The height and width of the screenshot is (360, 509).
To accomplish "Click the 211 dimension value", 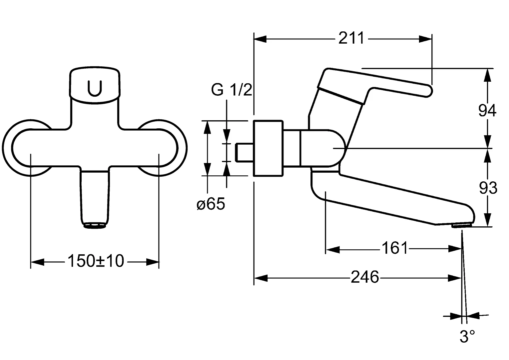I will tap(351, 39).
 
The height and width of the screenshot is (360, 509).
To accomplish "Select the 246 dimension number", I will tap(365, 277).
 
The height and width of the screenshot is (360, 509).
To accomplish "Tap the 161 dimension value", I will tap(394, 249).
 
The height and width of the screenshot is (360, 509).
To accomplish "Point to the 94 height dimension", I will tap(487, 111).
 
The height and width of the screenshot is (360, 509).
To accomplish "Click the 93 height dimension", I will tap(488, 189).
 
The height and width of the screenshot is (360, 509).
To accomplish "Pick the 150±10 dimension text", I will tap(96, 261).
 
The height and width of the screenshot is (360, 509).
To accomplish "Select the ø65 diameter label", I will tap(211, 204).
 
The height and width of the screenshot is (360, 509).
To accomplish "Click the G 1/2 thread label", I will tap(232, 90).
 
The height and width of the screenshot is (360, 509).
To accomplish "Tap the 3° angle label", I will tap(467, 337).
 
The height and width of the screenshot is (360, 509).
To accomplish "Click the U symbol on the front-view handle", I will tap(95, 88).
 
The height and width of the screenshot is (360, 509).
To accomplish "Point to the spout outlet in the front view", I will tap(95, 226).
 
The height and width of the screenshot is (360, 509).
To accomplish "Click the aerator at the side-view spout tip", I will tap(461, 226).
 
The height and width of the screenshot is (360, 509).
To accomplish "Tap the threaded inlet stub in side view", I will tap(245, 153).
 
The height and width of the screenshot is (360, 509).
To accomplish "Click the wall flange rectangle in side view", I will tap(268, 148).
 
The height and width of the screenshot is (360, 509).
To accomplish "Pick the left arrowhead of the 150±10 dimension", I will tap(37, 262).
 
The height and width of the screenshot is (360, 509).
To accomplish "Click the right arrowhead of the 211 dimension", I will tap(425, 39).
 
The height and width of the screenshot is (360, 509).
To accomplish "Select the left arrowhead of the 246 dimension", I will tap(261, 278).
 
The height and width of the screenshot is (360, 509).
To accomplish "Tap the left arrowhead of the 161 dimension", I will tap(332, 249).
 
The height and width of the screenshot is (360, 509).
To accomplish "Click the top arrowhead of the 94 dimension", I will tap(488, 75).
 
